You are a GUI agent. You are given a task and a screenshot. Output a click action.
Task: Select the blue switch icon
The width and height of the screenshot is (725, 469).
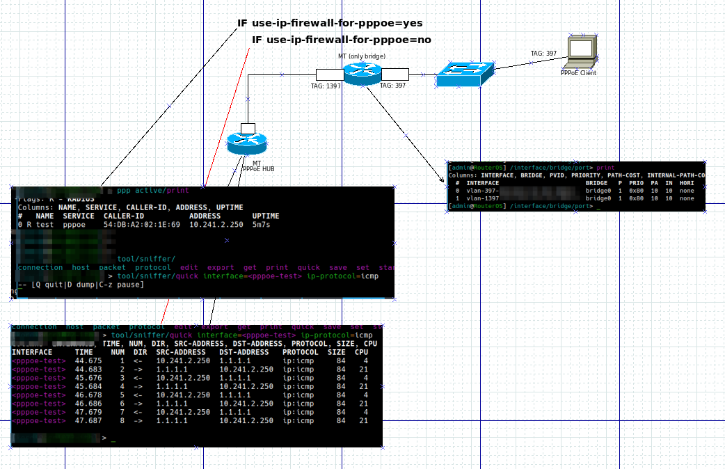tap(465, 74)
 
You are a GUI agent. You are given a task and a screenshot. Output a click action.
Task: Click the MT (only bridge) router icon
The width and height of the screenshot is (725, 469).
tap(362, 72)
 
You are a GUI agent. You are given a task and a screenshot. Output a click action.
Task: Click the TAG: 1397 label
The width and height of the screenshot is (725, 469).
tap(326, 86)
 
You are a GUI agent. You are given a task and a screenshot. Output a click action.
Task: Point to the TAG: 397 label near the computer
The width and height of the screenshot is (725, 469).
tap(543, 54)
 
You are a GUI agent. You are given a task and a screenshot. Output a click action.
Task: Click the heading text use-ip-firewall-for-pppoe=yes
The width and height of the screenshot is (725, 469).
tap(330, 23)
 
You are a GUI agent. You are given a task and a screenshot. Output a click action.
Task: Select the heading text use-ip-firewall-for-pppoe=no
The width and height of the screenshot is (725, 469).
tap(342, 40)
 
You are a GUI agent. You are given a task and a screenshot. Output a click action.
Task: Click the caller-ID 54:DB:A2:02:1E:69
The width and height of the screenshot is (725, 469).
tap(142, 225)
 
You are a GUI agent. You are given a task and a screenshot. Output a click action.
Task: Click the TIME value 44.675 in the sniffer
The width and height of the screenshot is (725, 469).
tap(88, 361)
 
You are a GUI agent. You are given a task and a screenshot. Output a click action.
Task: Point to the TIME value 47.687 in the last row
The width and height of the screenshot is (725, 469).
tap(88, 421)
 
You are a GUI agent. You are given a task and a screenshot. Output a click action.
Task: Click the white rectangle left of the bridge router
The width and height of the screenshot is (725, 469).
tap(329, 74)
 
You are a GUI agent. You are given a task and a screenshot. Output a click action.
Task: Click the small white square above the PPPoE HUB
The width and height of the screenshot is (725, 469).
tap(248, 128)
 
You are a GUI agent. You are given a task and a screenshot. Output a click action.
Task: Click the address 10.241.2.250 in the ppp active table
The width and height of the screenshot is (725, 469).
tap(216, 225)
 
